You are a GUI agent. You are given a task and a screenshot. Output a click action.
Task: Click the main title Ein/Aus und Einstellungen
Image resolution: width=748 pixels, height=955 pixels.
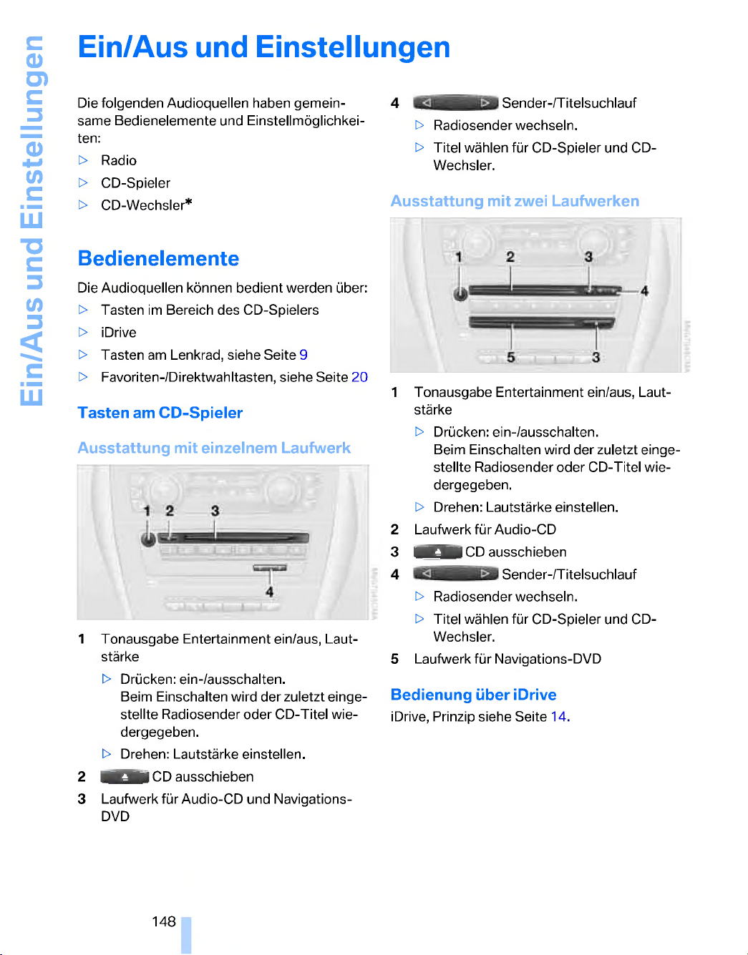pos(263,47)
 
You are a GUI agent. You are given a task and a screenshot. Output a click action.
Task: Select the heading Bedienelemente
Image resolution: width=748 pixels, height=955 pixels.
pos(158,258)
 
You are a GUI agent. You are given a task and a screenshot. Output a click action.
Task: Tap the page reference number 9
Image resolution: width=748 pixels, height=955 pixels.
pos(303,355)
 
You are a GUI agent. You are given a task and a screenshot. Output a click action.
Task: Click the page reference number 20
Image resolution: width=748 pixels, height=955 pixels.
pos(359,377)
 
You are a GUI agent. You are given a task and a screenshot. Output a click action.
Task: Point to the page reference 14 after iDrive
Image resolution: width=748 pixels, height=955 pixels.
pos(558,716)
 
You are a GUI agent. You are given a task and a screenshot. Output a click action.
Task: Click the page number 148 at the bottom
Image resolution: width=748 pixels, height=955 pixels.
pos(164,921)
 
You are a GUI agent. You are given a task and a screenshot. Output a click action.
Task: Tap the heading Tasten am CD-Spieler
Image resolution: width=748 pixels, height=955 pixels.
pos(160,413)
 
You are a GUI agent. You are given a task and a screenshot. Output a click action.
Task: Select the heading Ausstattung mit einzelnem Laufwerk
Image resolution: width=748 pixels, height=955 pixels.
pos(214,448)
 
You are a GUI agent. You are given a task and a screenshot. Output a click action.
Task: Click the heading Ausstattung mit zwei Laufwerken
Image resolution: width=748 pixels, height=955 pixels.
pos(515,201)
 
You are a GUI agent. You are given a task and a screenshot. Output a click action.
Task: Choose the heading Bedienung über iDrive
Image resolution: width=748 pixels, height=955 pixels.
pos(473,695)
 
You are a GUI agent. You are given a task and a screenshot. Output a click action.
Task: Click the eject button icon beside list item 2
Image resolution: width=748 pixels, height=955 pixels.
pos(125,777)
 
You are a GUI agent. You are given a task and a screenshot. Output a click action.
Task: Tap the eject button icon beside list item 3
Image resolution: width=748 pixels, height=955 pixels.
pos(438,552)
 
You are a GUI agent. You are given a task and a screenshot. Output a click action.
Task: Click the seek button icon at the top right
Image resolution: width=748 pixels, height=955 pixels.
pos(456,103)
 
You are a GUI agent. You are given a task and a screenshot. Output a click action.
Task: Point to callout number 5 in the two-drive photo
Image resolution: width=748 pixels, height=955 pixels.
pos(511,357)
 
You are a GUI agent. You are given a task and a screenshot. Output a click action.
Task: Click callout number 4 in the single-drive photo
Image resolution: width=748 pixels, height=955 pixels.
pos(270,592)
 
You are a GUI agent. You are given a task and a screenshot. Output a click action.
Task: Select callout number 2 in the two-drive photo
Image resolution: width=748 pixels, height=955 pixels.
pos(510,257)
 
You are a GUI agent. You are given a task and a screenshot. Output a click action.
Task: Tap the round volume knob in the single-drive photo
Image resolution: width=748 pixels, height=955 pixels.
pos(148,539)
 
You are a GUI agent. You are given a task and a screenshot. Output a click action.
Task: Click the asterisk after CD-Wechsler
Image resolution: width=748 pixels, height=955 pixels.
pos(188,202)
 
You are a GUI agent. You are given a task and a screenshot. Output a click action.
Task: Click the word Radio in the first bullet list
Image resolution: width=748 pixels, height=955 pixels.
pos(119,160)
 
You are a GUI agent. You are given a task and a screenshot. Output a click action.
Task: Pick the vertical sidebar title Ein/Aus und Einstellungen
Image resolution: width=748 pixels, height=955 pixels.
pos(32,219)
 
